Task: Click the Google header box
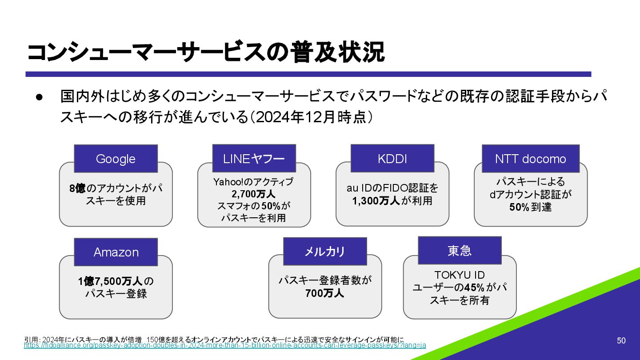click(x=116, y=159)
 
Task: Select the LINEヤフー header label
click(x=254, y=159)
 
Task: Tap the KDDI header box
click(x=392, y=159)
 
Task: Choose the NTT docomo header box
click(x=531, y=159)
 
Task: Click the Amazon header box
click(x=116, y=252)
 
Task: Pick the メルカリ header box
click(x=325, y=252)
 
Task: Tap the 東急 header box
click(x=460, y=251)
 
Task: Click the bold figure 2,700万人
click(x=253, y=194)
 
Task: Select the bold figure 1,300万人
click(x=376, y=200)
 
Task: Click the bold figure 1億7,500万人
click(x=110, y=281)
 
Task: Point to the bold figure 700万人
click(x=324, y=293)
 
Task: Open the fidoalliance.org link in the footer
click(x=224, y=345)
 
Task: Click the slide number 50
click(x=621, y=340)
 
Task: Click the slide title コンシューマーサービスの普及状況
click(x=205, y=53)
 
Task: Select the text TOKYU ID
click(x=459, y=275)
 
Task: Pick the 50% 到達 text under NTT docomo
click(x=530, y=207)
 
